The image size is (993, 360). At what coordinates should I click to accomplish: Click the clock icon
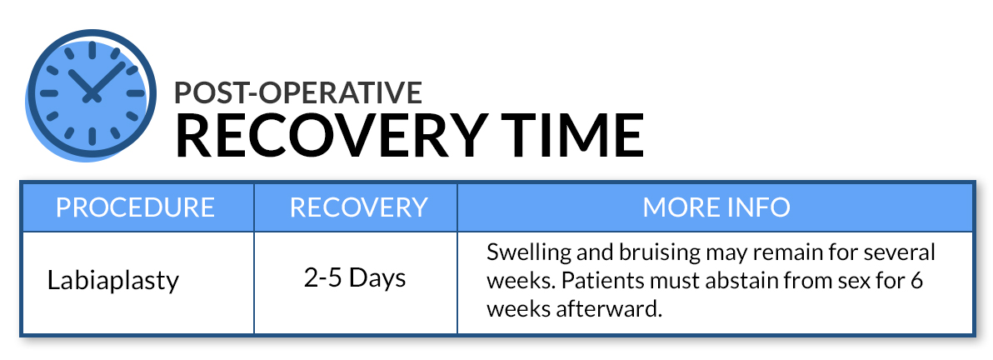point(91,95)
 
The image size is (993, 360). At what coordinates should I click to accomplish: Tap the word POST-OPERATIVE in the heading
point(298,92)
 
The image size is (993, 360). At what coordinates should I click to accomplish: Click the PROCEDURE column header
point(136,207)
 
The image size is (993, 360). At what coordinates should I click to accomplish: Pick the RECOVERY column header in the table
point(359,207)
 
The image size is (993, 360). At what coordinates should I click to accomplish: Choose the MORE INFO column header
point(716,207)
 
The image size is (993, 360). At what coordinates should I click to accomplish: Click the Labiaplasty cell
point(113,280)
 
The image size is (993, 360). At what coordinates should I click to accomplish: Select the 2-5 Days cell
point(355,277)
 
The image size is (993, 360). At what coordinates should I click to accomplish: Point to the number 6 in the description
point(917,281)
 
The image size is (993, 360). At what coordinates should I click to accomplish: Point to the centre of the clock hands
point(92,97)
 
